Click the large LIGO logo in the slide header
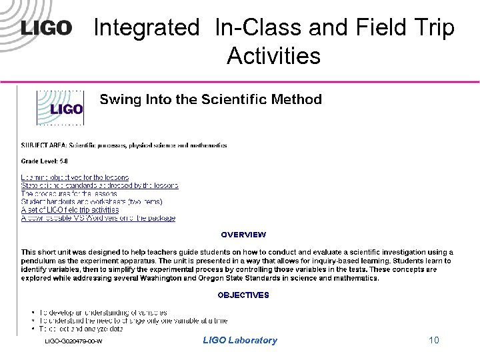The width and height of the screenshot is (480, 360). click(46, 28)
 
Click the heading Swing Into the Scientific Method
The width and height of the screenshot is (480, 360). click(211, 100)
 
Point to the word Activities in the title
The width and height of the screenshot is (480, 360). click(273, 56)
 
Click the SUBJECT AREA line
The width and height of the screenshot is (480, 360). click(124, 145)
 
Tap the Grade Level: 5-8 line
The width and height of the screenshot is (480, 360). click(44, 161)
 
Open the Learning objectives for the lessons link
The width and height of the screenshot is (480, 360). click(75, 177)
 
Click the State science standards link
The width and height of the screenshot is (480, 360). click(99, 185)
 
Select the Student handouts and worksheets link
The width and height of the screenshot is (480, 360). click(91, 201)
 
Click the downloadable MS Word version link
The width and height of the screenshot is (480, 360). click(98, 218)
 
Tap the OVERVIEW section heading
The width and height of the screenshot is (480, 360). click(243, 235)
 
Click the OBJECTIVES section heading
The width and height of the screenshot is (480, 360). click(243, 295)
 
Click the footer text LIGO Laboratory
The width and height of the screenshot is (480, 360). click(240, 341)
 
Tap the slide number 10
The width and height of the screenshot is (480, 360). click(434, 341)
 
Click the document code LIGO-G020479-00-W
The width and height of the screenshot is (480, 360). click(73, 341)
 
